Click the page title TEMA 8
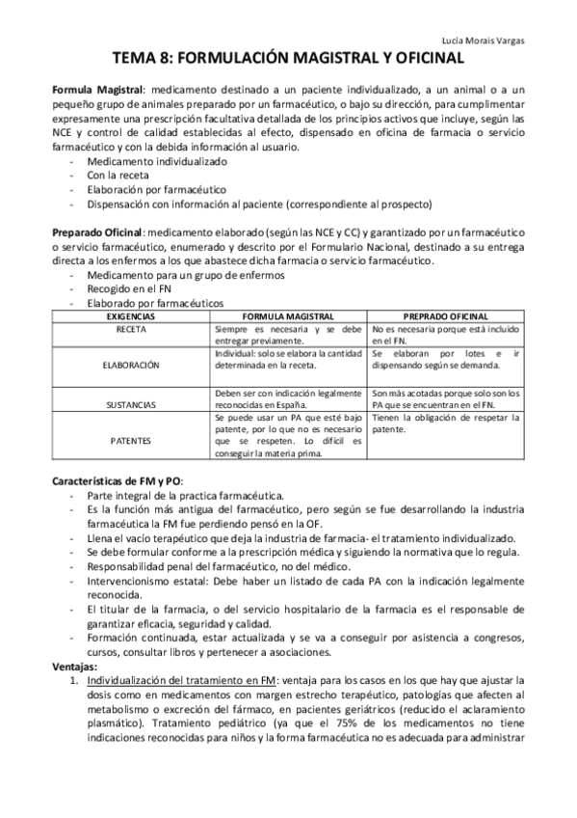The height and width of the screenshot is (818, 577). (x=288, y=60)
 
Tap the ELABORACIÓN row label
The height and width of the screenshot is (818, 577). (x=131, y=367)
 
